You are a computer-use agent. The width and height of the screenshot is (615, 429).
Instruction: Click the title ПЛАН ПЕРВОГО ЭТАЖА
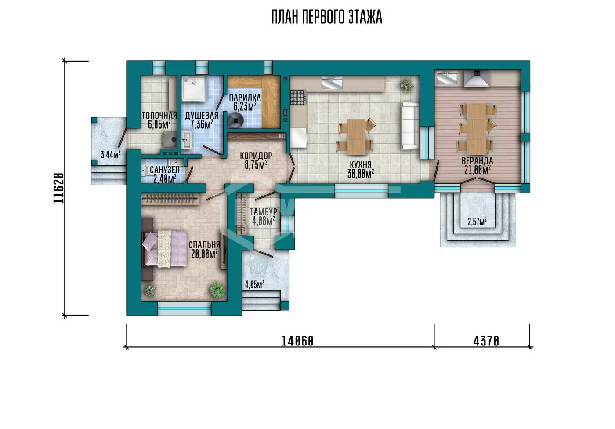(327, 17)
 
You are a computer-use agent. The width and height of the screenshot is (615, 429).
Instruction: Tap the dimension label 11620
(58, 188)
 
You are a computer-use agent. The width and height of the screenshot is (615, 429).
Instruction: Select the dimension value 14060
(297, 342)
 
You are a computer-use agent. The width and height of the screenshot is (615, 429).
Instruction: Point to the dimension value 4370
(486, 342)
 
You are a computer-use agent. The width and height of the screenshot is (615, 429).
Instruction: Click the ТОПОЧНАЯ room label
(159, 115)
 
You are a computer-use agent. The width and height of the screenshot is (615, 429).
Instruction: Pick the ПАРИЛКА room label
(245, 97)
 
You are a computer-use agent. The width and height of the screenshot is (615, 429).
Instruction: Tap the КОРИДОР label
(256, 156)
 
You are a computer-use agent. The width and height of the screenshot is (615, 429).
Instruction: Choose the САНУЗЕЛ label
(165, 170)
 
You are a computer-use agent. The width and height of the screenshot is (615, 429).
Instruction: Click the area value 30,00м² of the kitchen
(361, 174)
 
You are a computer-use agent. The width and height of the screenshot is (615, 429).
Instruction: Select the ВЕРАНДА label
(478, 161)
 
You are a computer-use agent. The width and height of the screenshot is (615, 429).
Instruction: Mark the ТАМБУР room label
(263, 212)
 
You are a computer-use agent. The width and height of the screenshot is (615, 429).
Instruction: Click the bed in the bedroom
(164, 248)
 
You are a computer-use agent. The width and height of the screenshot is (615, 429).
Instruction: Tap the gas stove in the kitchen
(298, 97)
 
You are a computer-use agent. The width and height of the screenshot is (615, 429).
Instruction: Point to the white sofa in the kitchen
(410, 126)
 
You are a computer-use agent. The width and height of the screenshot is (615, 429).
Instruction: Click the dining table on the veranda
(477, 129)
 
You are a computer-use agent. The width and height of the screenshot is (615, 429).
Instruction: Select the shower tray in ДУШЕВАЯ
(194, 88)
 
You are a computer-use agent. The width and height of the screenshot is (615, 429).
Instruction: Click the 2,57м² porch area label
(478, 222)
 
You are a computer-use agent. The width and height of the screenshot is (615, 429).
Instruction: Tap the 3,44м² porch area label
(110, 155)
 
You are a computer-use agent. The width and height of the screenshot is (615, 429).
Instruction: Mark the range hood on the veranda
(476, 78)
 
